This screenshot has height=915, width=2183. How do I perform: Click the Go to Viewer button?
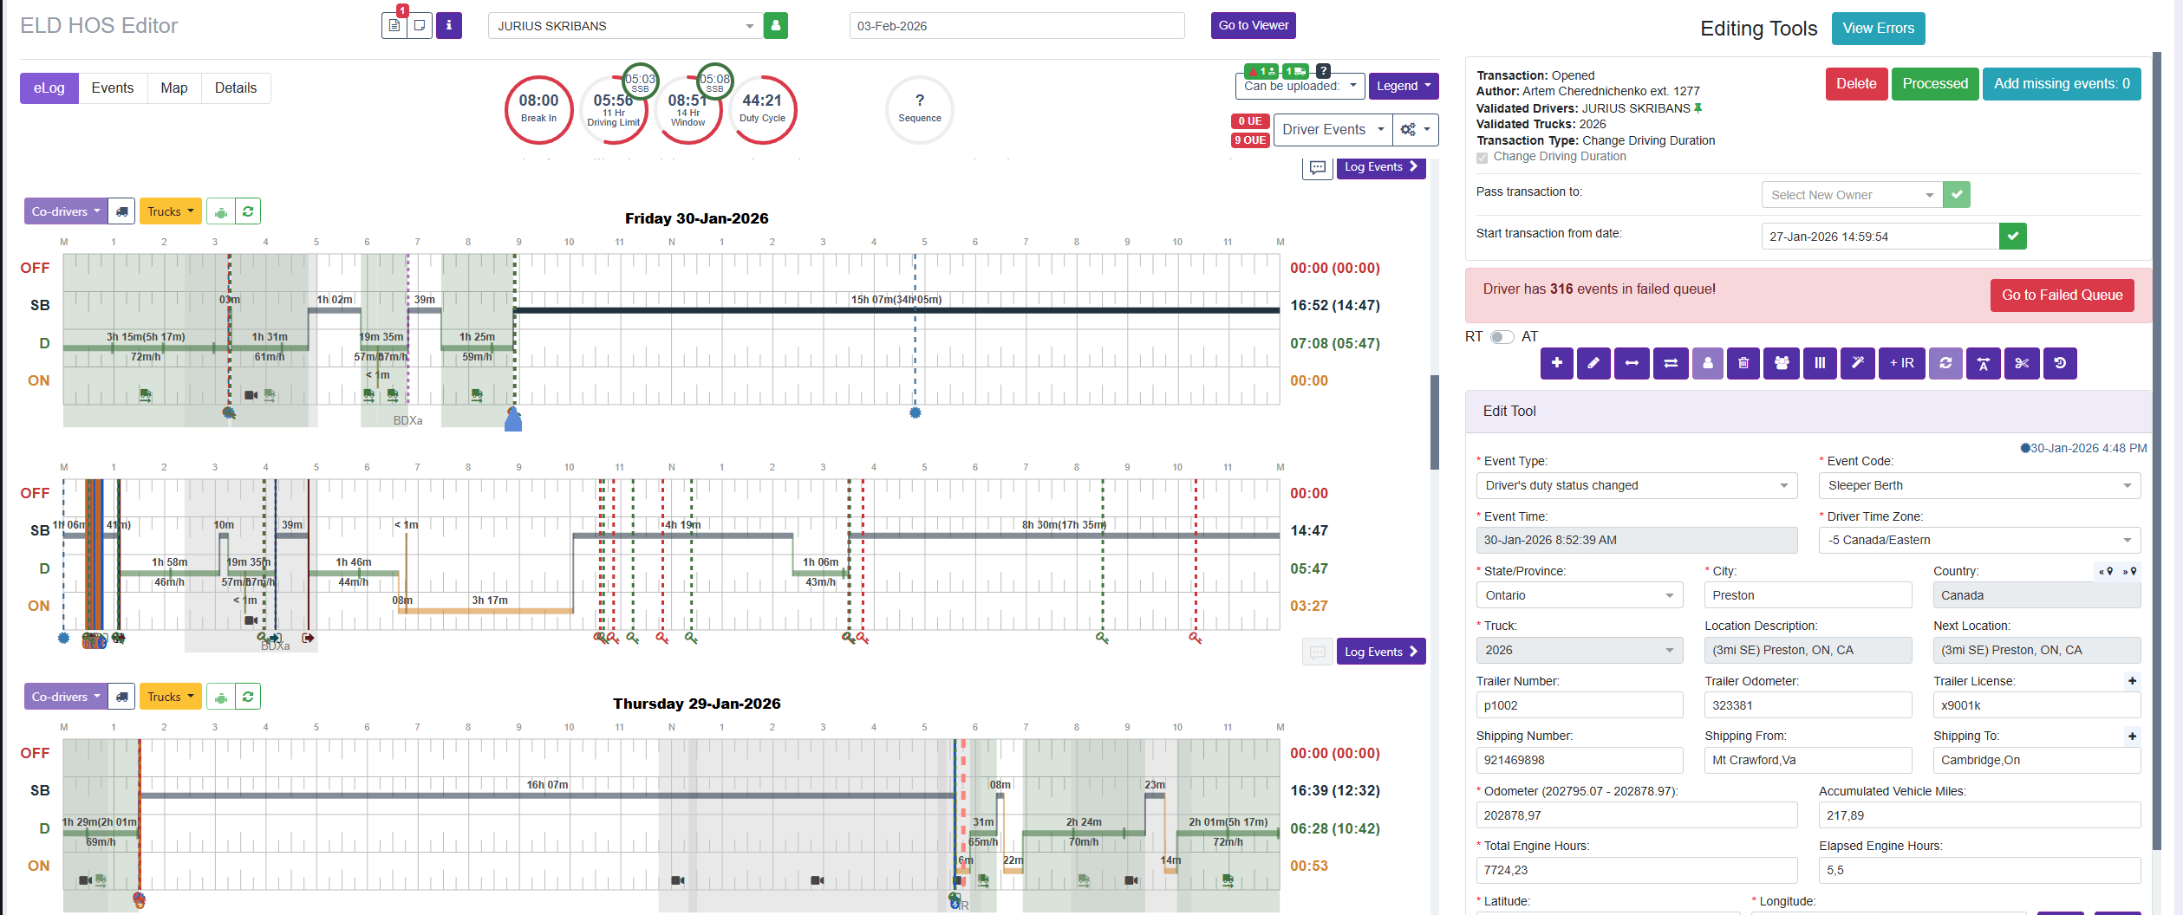(x=1253, y=26)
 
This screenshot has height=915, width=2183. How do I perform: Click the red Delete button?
(x=1855, y=84)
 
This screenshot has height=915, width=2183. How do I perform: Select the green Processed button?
(x=1934, y=84)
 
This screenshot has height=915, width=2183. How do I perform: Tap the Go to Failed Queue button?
(x=2061, y=295)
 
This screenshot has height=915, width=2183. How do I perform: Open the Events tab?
(x=113, y=88)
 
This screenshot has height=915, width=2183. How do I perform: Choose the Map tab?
(x=174, y=88)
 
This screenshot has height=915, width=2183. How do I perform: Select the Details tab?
(x=236, y=88)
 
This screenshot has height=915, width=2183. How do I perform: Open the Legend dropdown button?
(x=1403, y=86)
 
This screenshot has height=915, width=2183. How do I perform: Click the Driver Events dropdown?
(x=1333, y=130)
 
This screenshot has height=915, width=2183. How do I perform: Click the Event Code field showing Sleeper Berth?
(x=1978, y=486)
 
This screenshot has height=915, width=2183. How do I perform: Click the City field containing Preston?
(x=1807, y=595)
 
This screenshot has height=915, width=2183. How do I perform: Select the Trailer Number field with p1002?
(x=1579, y=705)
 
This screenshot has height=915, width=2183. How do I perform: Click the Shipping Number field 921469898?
(x=1579, y=760)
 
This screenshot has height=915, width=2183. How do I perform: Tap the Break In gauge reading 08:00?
(x=538, y=109)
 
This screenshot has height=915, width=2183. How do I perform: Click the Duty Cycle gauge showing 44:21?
(x=762, y=109)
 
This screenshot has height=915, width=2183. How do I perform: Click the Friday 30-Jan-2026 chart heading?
(x=696, y=218)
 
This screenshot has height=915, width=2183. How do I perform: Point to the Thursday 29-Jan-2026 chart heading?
(x=696, y=704)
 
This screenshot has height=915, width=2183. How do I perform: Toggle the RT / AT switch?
(x=1502, y=337)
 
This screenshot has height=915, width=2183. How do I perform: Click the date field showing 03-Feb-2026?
(x=1016, y=26)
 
